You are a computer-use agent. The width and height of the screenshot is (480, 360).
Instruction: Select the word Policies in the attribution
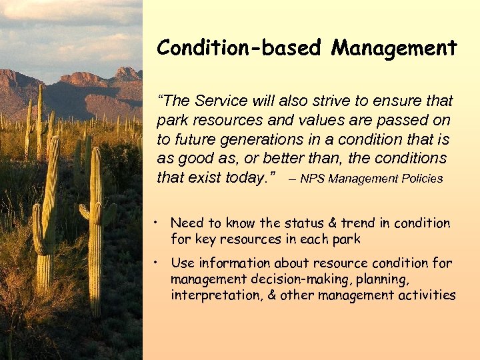[x=421, y=179]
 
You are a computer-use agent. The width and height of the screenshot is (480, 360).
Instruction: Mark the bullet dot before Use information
[x=154, y=263]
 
